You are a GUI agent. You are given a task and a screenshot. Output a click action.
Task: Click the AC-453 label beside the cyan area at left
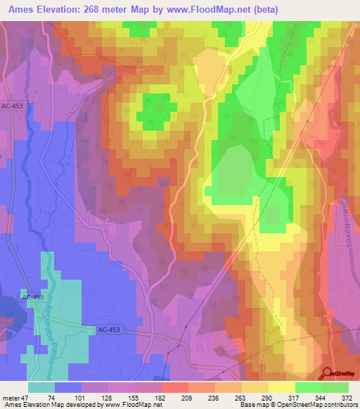click(32, 297)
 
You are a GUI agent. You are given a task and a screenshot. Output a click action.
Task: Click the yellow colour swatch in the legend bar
click(281, 387)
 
